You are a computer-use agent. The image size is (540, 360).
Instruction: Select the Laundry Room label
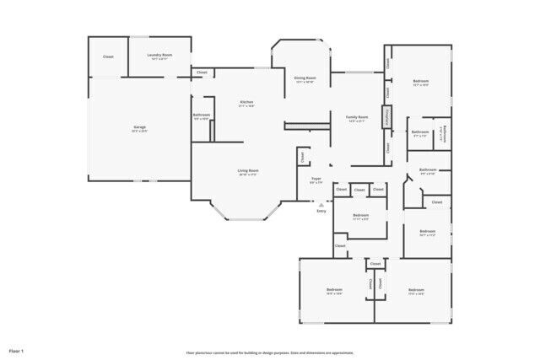coord(159,57)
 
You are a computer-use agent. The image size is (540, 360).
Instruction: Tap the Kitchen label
coord(246,103)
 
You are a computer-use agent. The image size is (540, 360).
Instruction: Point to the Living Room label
coord(247,171)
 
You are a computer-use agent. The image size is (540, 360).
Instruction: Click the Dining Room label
coord(305,79)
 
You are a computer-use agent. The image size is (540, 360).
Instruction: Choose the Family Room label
coord(357,118)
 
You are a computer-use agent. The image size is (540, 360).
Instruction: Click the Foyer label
coord(316,180)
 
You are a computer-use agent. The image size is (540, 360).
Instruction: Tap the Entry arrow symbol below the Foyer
coord(321,203)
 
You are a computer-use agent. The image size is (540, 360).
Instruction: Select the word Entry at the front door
coord(321,211)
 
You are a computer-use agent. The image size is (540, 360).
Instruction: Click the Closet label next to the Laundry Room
coord(108,56)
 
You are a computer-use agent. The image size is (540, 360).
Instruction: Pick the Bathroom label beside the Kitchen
coord(201,116)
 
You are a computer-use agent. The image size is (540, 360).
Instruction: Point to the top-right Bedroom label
coord(420,83)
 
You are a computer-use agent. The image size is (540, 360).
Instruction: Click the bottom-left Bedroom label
coord(333,291)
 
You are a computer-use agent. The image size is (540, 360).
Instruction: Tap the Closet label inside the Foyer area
coord(302,156)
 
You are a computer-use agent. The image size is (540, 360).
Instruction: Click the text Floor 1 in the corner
coord(17,350)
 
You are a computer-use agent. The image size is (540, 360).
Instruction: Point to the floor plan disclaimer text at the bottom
coord(270,352)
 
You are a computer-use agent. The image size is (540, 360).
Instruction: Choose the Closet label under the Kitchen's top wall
coord(202,73)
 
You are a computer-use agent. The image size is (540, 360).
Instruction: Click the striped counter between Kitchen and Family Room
coord(298,126)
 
